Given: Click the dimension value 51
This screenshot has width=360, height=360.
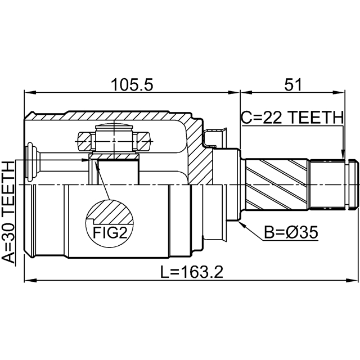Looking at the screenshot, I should coord(293,84).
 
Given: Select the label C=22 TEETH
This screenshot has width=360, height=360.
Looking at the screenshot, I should coord(291,117).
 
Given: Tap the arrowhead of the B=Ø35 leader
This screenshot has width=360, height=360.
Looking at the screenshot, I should coord(241,224).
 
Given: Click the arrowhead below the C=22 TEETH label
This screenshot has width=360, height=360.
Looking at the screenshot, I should coord(343,154).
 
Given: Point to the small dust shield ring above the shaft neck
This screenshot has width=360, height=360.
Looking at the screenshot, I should coord(217,138).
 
